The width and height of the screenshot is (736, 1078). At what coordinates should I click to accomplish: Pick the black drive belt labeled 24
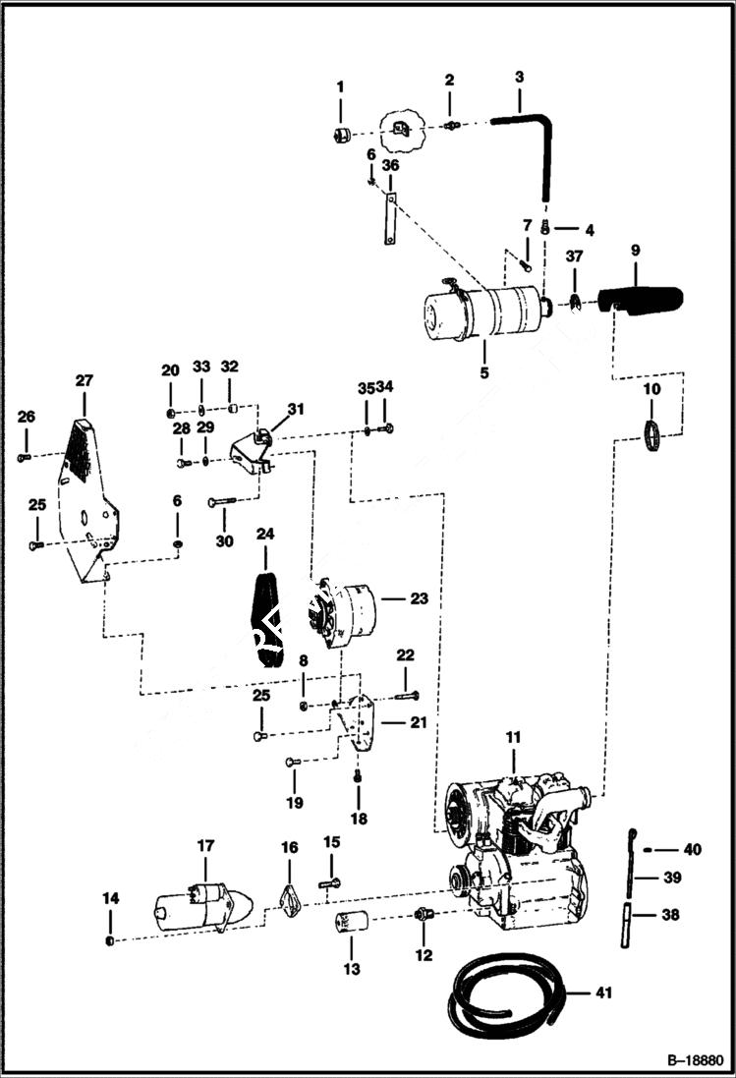pyautogui.click(x=266, y=619)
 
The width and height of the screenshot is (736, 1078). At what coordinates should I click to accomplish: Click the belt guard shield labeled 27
pyautogui.click(x=86, y=501)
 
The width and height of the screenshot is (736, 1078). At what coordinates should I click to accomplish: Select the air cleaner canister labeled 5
pyautogui.click(x=481, y=310)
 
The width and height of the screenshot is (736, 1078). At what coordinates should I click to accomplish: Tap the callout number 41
pyautogui.click(x=603, y=993)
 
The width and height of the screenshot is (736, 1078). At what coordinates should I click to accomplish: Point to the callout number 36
pyautogui.click(x=390, y=167)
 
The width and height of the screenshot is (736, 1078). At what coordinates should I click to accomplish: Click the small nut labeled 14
pyautogui.click(x=110, y=941)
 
